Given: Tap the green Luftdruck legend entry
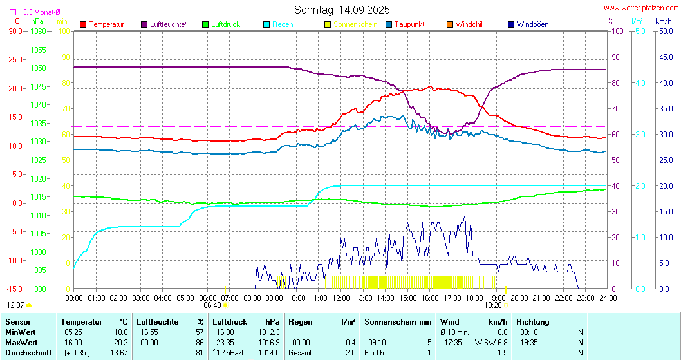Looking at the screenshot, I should (x=225, y=24).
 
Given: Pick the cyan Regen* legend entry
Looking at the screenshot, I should (x=283, y=24).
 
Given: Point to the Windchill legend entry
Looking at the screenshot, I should (x=469, y=24).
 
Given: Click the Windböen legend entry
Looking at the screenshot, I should (x=532, y=24).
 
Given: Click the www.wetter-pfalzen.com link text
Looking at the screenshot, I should (x=640, y=8).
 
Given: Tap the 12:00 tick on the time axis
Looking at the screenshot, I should (x=340, y=298).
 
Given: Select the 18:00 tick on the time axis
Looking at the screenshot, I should (x=474, y=298).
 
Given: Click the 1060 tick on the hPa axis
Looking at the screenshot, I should (x=38, y=31).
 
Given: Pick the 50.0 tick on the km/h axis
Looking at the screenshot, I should (x=664, y=31).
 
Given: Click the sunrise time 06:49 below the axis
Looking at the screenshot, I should (x=212, y=305).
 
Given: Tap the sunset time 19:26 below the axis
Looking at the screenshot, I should (x=494, y=305).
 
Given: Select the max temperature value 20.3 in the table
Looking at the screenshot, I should (x=120, y=342).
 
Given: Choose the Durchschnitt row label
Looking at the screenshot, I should (x=26, y=353).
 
